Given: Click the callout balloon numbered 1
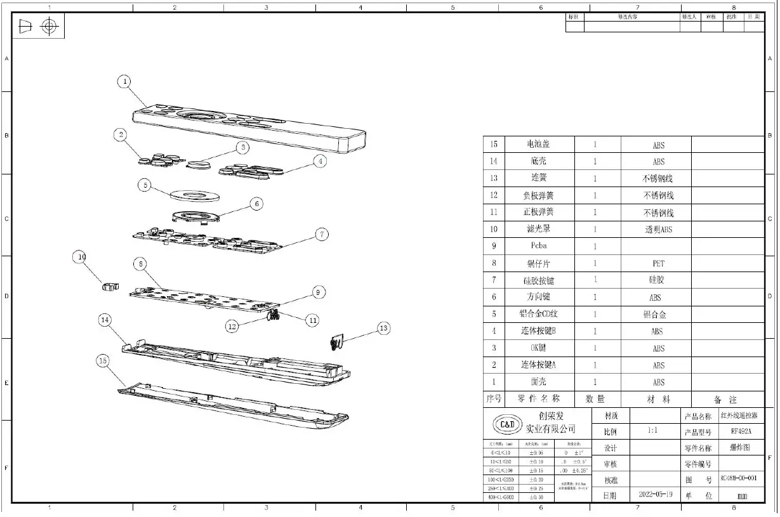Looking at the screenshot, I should pos(125,81).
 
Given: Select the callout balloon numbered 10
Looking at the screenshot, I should pos(81,257).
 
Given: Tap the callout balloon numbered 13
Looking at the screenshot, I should pos(383,328).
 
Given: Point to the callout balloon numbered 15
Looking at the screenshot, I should pos(103,360).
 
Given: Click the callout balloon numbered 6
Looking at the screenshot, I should pos(256,204).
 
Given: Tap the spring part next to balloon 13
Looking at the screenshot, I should pos(336,343).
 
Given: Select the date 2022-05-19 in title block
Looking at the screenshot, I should pos(655,494).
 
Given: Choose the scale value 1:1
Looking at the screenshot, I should pos(652,431).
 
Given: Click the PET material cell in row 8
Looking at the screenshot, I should pos(658,263).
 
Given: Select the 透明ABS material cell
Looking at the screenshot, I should pos(658,230).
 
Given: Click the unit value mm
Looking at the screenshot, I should pos(742,495).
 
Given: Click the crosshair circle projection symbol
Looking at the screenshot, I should pos(49,27).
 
